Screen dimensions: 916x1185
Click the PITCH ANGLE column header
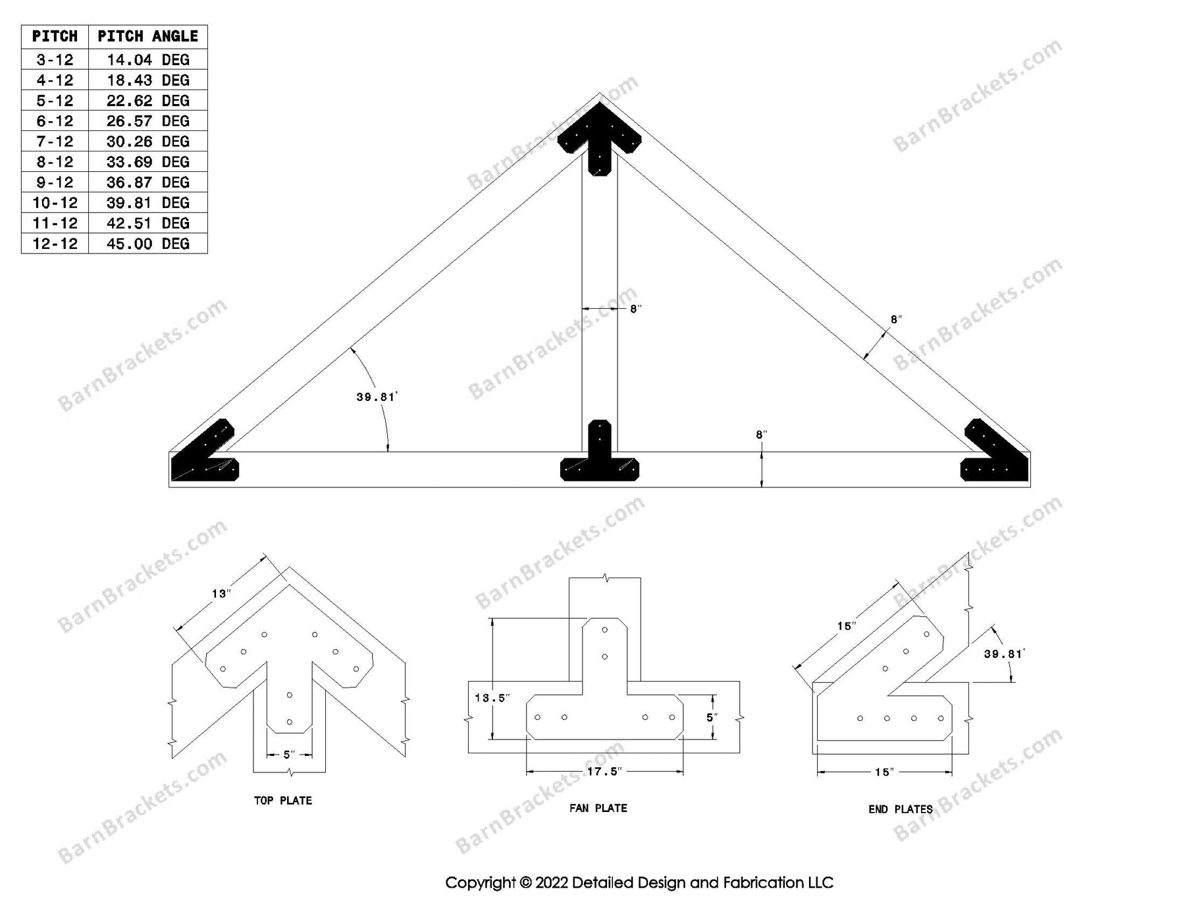(x=147, y=36)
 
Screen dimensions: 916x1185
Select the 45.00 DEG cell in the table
(x=147, y=244)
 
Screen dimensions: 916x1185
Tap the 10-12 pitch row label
(x=55, y=203)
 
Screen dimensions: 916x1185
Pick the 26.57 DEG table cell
(x=147, y=121)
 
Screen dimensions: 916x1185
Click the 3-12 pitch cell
(x=55, y=60)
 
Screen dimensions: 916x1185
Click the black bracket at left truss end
(x=205, y=454)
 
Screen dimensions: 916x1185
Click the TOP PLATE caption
(x=283, y=801)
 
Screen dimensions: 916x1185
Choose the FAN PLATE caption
(x=598, y=808)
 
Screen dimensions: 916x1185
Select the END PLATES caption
(x=900, y=809)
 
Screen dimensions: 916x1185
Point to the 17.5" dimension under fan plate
(x=604, y=771)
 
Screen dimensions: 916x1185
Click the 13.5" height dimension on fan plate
(x=492, y=697)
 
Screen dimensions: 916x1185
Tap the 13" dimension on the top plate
(x=221, y=594)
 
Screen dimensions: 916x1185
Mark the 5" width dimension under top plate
(x=290, y=755)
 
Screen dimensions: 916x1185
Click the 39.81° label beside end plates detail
(x=1004, y=654)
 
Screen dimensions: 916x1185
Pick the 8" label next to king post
(x=635, y=309)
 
